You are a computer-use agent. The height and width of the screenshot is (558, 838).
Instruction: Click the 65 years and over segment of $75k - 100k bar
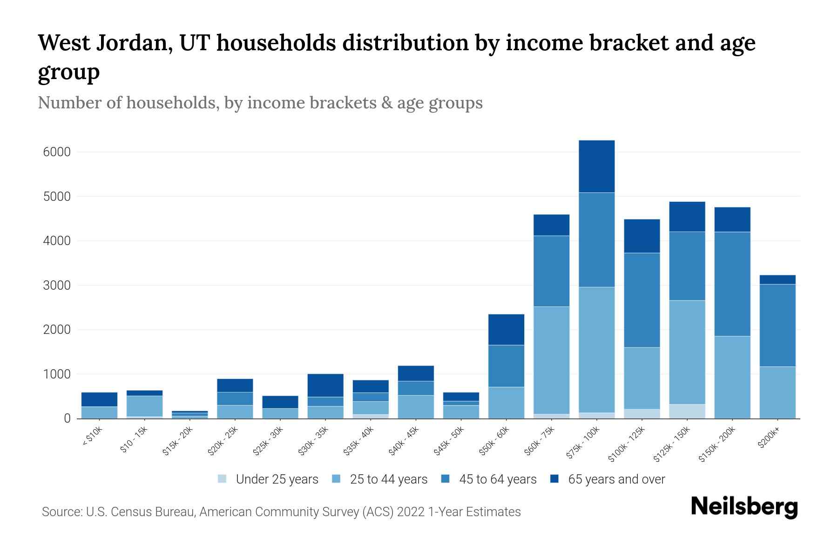pos(596,166)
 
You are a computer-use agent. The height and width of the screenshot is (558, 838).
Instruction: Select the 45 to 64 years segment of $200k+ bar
pos(777,325)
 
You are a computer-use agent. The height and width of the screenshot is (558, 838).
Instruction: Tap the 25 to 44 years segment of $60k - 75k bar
pos(551,360)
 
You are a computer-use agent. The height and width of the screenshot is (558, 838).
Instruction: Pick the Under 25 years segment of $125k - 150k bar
pos(687,411)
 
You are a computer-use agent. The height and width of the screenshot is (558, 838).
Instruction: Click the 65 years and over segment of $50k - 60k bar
pos(506,330)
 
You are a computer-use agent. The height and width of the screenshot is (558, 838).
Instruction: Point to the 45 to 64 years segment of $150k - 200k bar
pos(732,284)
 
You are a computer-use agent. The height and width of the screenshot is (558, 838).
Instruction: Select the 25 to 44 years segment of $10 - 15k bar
pos(144,406)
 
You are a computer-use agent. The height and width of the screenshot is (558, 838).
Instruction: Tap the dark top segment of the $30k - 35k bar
pos(325,385)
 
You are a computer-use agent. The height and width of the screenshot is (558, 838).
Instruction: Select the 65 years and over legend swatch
pos(554,479)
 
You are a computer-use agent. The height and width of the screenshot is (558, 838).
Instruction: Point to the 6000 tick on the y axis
pos(57,153)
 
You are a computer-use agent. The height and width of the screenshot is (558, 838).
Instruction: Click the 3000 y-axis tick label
pos(57,286)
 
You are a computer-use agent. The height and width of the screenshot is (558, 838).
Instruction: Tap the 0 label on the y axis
pos(68,419)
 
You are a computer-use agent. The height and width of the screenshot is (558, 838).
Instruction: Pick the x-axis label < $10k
pos(93,437)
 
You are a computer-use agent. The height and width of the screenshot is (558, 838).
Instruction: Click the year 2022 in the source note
pos(411,512)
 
